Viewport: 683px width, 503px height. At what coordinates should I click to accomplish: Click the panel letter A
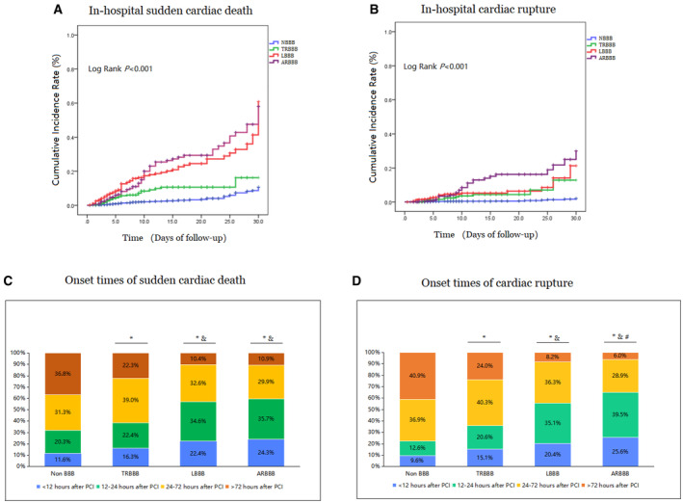pyautogui.click(x=58, y=10)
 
